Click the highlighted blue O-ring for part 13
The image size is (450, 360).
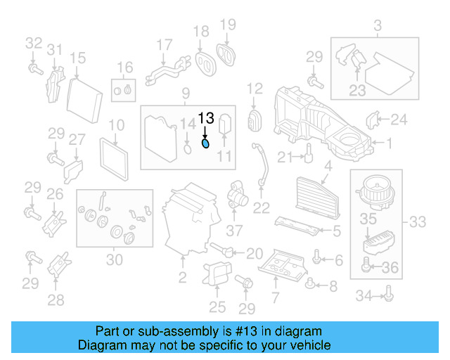(205, 144)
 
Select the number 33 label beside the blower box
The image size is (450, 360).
(417, 223)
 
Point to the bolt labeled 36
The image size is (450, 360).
(366, 266)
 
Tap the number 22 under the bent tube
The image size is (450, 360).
(261, 207)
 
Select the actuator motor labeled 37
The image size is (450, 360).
(237, 196)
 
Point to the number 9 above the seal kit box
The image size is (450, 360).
(186, 94)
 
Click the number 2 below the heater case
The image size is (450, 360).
(182, 278)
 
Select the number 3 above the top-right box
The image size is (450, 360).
(378, 27)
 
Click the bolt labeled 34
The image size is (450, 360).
(388, 295)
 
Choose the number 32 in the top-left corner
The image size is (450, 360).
(33, 43)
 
